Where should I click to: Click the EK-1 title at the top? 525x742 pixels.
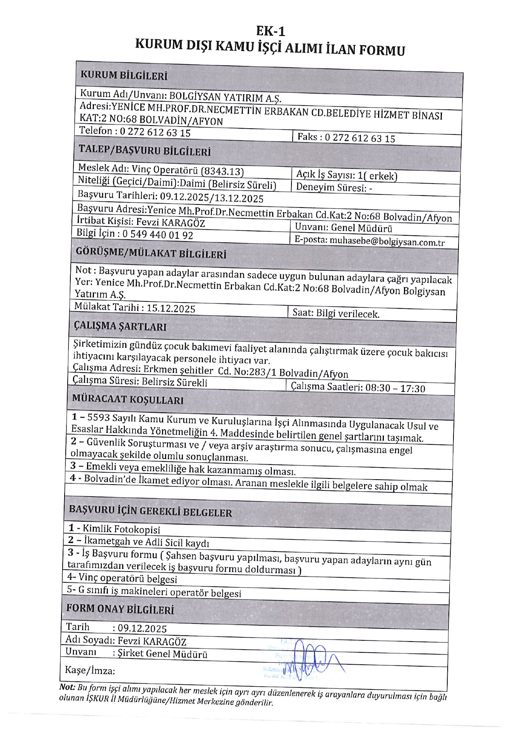tap(270, 31)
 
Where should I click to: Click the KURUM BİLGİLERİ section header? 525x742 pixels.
tap(124, 75)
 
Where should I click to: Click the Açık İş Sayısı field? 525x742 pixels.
tap(346, 175)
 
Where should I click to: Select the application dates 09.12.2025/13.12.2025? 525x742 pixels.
tap(211, 198)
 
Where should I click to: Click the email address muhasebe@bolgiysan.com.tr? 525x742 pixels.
tap(387, 242)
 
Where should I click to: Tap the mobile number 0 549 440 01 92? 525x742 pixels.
tap(158, 234)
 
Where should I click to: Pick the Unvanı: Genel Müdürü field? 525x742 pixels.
tap(343, 228)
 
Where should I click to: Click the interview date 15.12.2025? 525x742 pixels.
tap(171, 308)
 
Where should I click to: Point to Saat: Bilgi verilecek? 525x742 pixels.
tap(336, 313)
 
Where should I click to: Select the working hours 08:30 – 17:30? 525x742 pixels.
tap(395, 388)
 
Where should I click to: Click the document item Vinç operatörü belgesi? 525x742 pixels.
tap(128, 578)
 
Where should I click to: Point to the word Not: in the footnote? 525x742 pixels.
tap(67, 687)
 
